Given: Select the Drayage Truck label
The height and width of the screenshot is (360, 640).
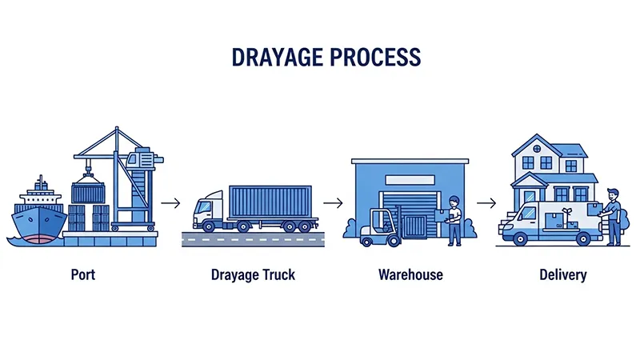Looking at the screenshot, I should pos(253,275).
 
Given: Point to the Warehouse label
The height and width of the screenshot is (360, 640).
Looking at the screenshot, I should pos(410,275).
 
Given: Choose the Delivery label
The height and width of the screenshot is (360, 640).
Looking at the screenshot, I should pos(562,275).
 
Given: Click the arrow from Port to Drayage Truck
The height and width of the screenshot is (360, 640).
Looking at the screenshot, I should pos(170,203).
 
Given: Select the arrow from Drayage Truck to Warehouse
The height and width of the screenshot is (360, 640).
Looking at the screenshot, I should pos(333,203).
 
